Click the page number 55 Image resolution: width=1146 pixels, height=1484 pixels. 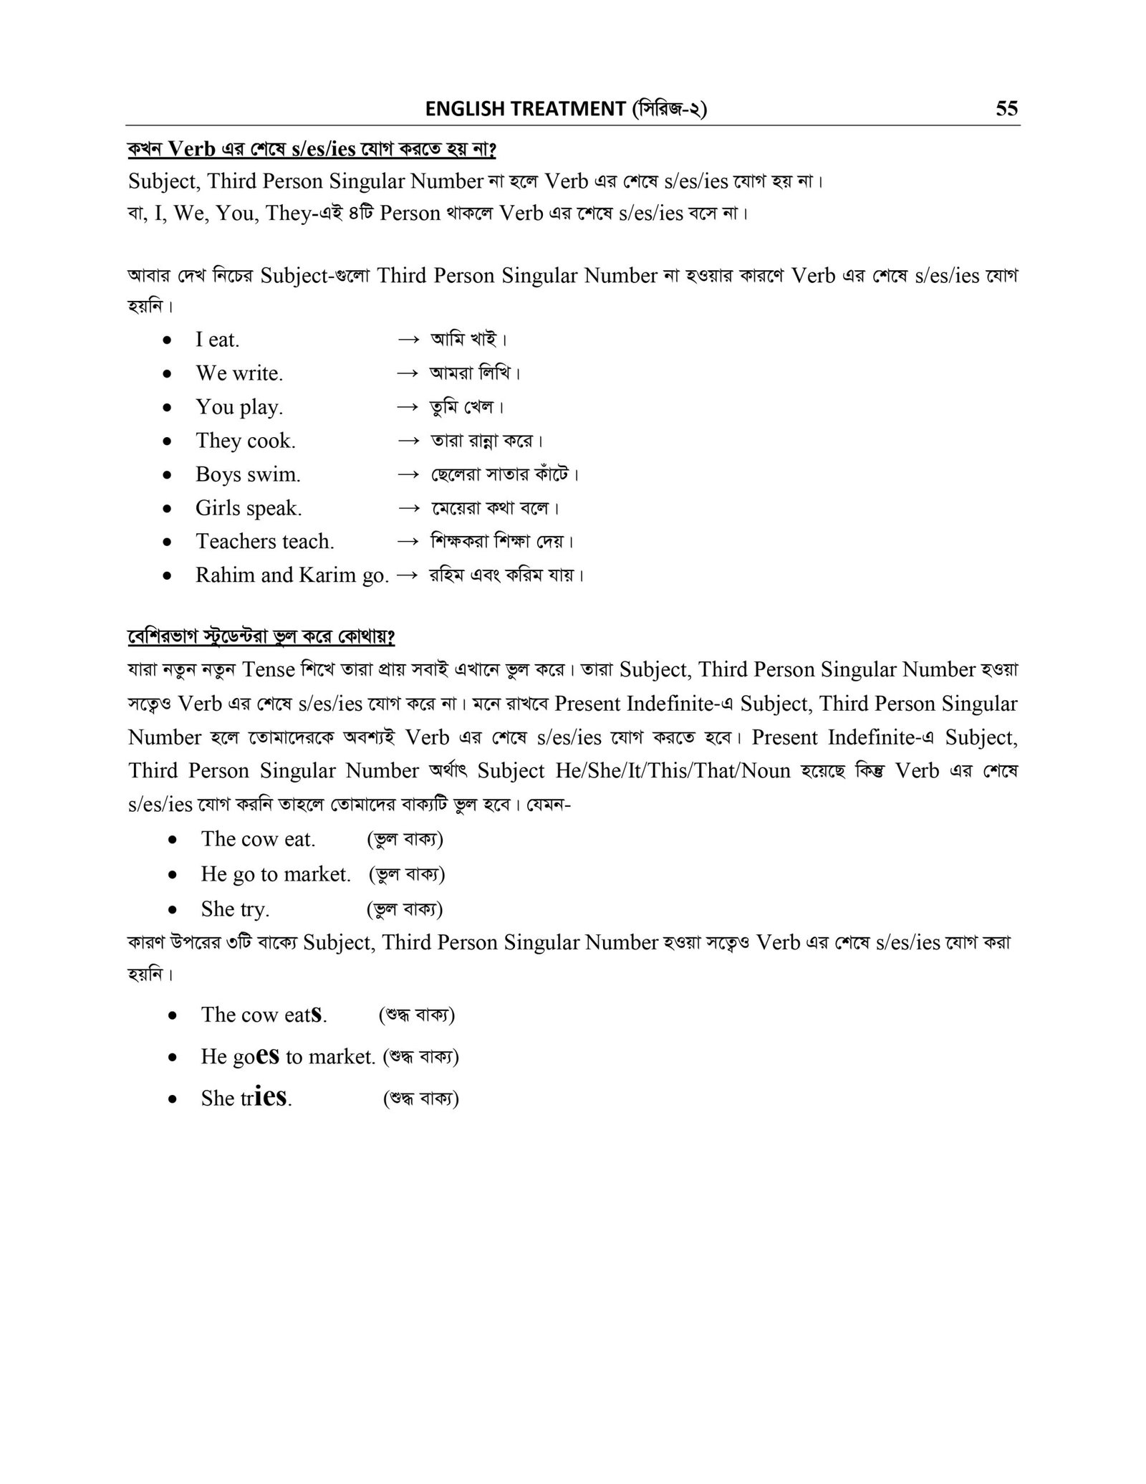tap(1006, 109)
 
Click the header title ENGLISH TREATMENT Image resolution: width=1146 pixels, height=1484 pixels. tap(525, 109)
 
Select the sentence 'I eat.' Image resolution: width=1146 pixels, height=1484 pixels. tap(218, 340)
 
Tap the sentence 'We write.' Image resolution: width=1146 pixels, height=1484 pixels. tap(239, 373)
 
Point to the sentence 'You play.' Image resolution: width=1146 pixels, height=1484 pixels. tap(239, 407)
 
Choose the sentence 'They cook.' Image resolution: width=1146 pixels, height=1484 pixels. tap(246, 441)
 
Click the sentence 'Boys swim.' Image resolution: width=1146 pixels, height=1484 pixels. tap(248, 474)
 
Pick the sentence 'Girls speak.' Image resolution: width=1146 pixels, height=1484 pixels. tap(249, 508)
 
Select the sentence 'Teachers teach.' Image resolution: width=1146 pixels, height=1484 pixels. tap(265, 542)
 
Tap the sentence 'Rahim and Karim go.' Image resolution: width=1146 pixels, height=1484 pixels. tap(292, 575)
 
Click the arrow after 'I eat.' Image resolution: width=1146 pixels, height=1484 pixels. tap(408, 340)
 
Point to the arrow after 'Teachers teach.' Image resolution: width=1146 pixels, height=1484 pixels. tap(408, 542)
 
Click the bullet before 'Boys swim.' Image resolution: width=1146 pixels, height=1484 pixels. tap(167, 475)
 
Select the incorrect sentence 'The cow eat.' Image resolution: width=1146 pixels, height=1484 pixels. tap(258, 839)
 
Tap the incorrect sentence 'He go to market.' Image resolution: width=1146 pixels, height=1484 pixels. tap(276, 874)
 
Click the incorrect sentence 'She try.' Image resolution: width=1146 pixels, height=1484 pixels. tap(235, 909)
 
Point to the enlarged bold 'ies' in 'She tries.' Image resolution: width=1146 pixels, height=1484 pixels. tap(271, 1096)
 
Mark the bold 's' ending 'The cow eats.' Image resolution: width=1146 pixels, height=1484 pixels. tap(316, 1015)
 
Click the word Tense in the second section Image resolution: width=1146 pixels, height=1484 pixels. tap(269, 670)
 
